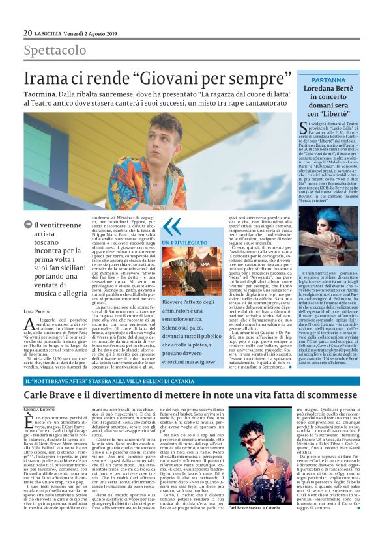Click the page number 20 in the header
[x=27, y=33]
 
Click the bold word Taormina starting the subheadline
[x=43, y=94]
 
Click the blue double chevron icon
[x=171, y=225]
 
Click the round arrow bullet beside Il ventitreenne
[x=29, y=225]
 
